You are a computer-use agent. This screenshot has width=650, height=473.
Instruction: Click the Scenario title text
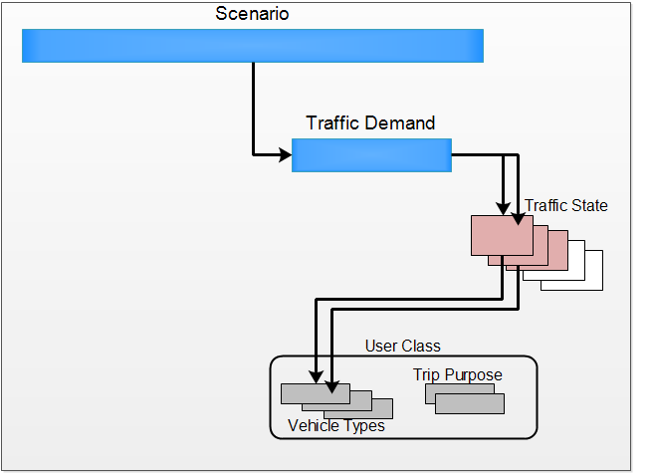pyautogui.click(x=253, y=15)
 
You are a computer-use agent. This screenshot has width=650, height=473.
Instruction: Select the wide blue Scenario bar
pyautogui.click(x=253, y=46)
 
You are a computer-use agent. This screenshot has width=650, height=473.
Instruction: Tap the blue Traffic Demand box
pyautogui.click(x=371, y=155)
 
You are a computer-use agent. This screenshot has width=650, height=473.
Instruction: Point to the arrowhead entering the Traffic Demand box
pyautogui.click(x=285, y=155)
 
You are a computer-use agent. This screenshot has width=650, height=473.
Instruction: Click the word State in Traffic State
pyautogui.click(x=588, y=206)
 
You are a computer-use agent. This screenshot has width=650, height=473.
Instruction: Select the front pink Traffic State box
pyautogui.click(x=501, y=235)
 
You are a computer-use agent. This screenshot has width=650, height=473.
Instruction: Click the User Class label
pyautogui.click(x=402, y=347)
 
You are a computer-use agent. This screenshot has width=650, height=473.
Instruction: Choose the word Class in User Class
pyautogui.click(x=420, y=347)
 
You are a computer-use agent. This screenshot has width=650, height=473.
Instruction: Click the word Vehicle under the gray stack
pyautogui.click(x=313, y=426)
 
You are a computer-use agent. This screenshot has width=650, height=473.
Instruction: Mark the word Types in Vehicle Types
pyautogui.click(x=362, y=426)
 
